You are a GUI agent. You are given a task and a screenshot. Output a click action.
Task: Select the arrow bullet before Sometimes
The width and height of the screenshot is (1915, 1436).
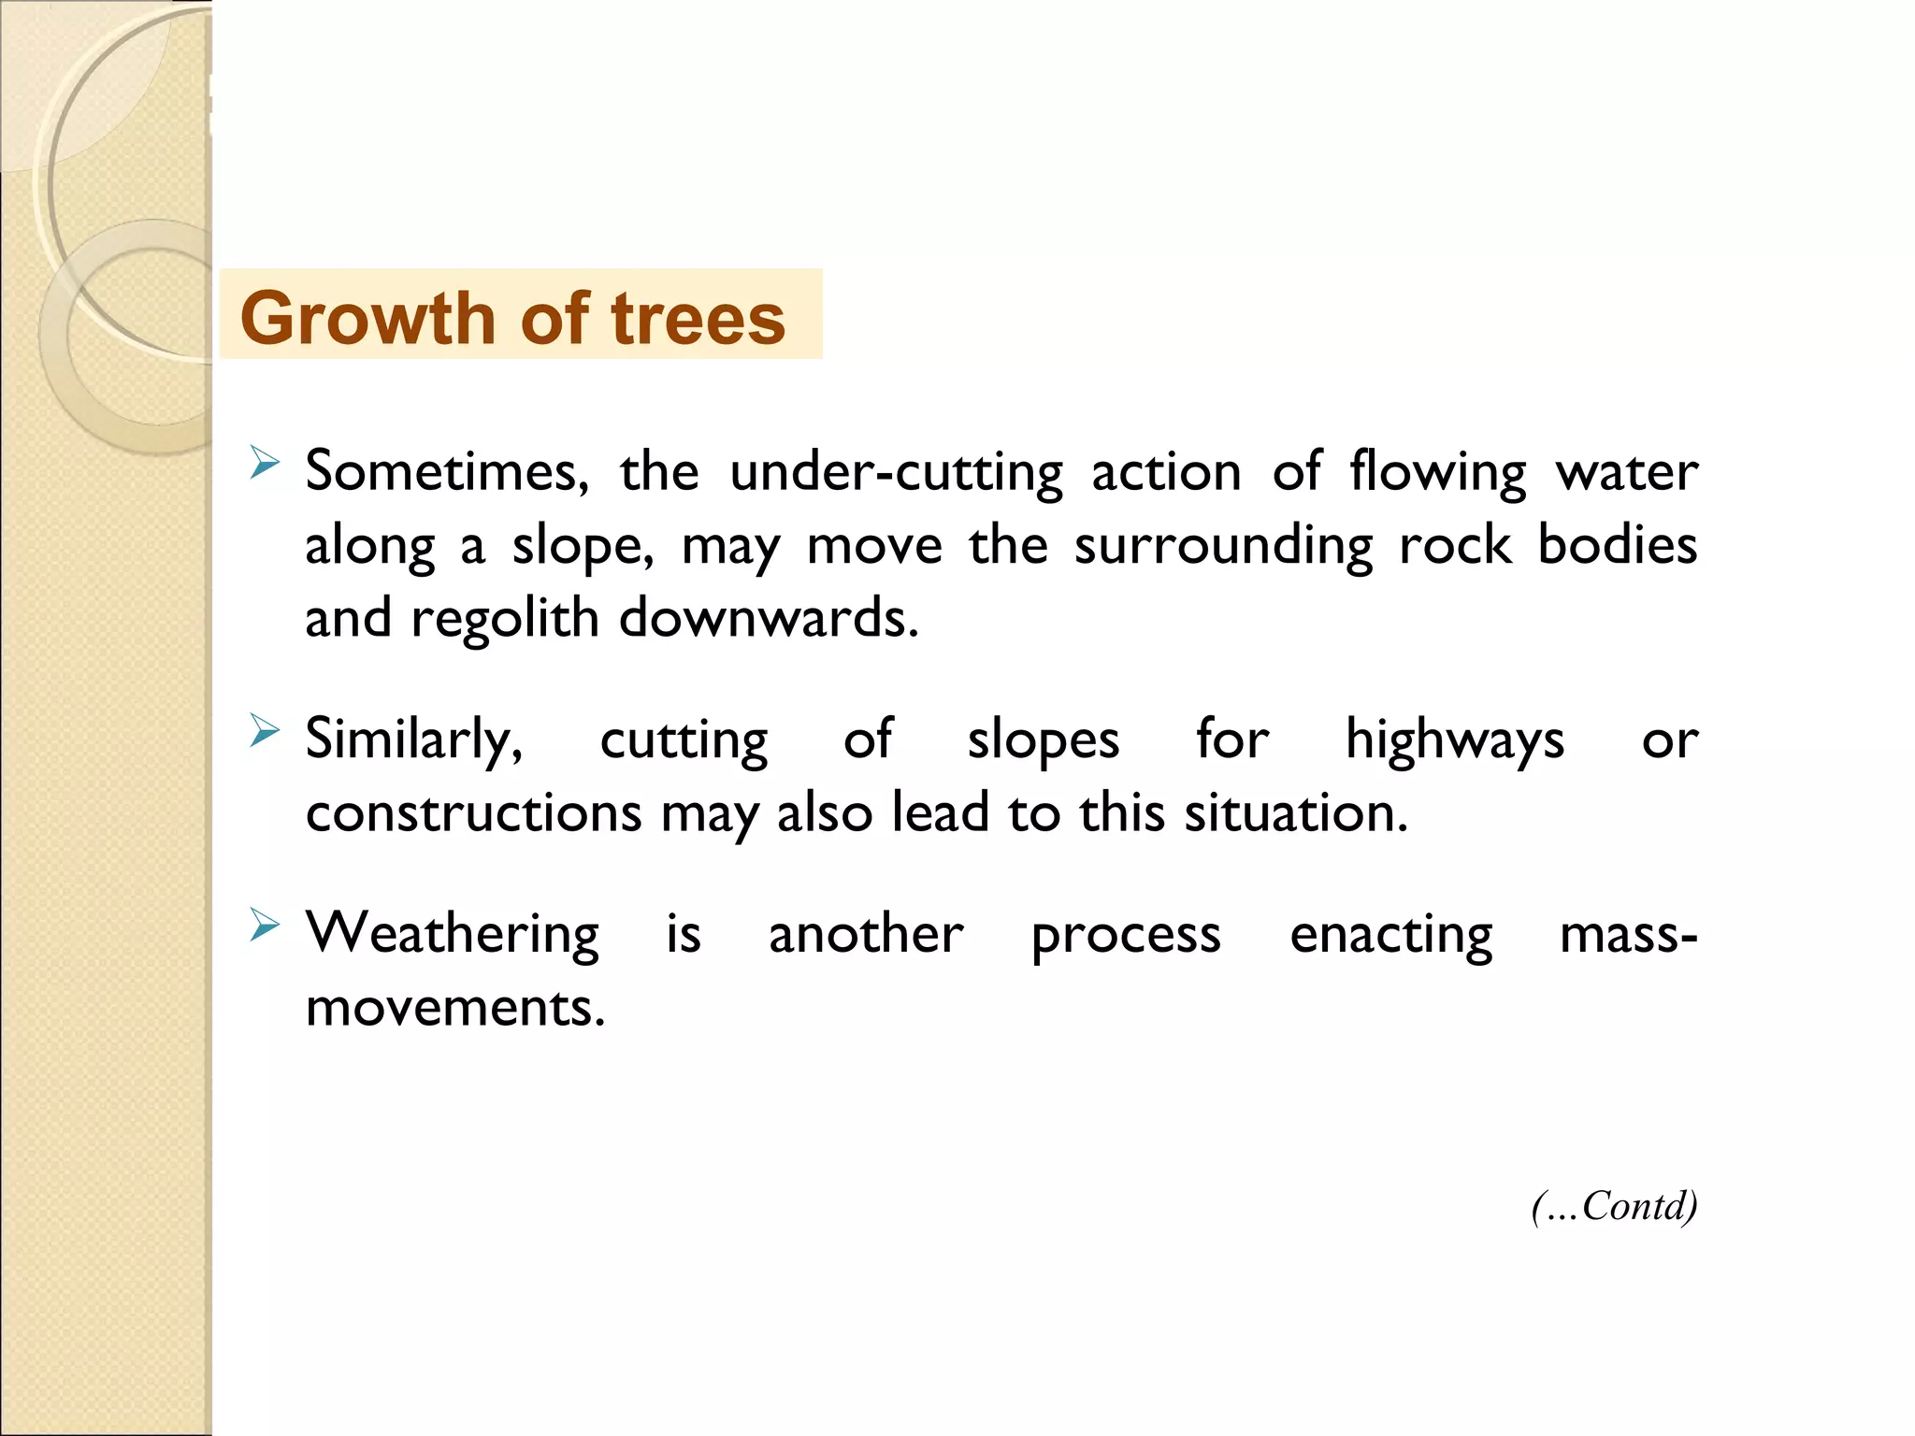pos(265,463)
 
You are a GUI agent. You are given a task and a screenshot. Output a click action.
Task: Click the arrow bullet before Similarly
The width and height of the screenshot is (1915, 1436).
pos(265,731)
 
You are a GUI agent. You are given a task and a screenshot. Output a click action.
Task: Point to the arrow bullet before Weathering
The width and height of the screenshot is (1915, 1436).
pos(265,926)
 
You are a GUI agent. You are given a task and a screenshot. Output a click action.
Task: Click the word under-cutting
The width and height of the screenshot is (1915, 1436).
pos(896,471)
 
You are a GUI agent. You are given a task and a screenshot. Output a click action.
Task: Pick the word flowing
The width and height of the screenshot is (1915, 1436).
pos(1437,471)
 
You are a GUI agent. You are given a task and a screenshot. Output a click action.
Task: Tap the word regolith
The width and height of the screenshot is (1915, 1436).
pos(504,618)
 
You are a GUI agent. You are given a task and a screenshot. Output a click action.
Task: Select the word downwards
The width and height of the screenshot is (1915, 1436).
pos(769,618)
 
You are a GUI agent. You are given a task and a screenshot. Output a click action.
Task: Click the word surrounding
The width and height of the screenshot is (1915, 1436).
pos(1223,545)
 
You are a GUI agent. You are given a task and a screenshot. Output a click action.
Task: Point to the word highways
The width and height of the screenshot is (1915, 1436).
pos(1454,740)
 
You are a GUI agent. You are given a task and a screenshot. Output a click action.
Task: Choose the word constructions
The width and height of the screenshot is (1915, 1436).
pos(473,812)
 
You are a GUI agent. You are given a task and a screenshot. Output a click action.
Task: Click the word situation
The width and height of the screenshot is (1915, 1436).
pos(1295,812)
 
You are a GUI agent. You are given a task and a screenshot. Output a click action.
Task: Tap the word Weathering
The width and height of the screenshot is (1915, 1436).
pos(453,934)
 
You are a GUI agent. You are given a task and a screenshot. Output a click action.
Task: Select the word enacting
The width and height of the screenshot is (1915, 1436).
pos(1390,934)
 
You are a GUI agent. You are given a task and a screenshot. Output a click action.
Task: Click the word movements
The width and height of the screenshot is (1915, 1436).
pos(455,1008)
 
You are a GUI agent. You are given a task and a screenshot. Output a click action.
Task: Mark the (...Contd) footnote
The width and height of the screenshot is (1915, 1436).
pos(1614,1206)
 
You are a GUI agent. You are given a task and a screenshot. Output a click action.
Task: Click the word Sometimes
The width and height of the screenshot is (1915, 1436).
pos(447,471)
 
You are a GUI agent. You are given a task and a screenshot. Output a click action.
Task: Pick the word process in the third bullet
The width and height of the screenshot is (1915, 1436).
pos(1126,934)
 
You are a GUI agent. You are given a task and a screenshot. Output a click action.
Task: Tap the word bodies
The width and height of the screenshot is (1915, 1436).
pos(1617,545)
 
